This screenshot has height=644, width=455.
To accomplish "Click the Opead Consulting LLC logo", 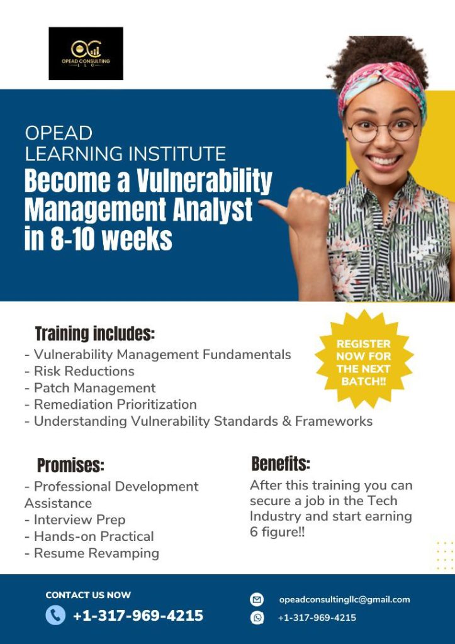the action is (x=86, y=53).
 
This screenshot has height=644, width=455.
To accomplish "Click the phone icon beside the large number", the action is (x=55, y=616).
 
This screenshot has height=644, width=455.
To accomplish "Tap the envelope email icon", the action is (x=257, y=599).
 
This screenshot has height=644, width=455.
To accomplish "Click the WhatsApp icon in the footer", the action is (x=257, y=618).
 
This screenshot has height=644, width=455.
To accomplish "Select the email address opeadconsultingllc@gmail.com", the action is (x=344, y=599).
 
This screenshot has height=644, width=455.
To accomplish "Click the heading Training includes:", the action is (x=95, y=333).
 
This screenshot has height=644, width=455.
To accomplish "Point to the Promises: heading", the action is (x=70, y=465).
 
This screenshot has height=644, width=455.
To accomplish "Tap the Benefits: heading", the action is (x=281, y=464).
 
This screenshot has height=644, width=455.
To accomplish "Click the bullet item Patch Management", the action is (x=90, y=387).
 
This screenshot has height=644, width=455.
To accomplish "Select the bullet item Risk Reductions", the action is (x=79, y=371).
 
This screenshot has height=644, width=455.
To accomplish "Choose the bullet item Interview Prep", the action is (x=75, y=519).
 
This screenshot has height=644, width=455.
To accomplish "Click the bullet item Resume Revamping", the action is (x=92, y=553).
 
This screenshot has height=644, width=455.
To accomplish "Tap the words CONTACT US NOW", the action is (x=88, y=595).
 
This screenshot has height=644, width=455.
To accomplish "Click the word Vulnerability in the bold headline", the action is (x=205, y=181).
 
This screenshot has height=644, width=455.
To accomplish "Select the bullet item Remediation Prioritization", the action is (x=111, y=404).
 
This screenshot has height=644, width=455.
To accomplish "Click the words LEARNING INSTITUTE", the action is (x=125, y=153).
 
